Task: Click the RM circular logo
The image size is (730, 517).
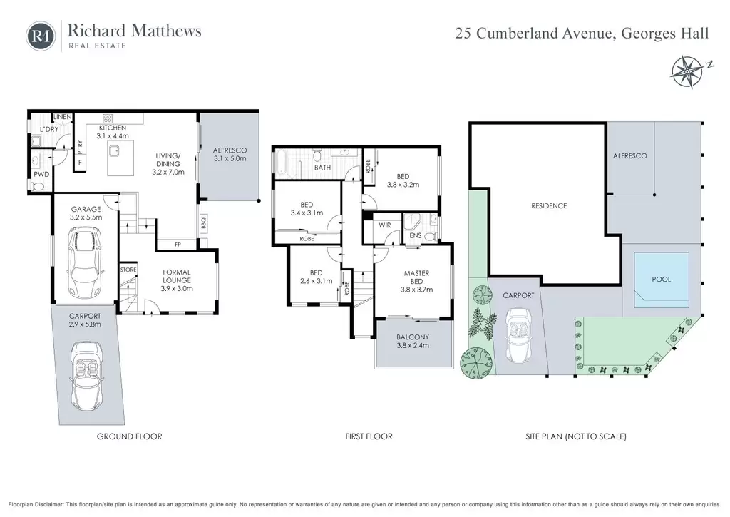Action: [x=41, y=36]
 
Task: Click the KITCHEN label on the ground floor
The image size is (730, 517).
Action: [x=112, y=128]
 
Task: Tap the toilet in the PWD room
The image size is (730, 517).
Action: [x=38, y=186]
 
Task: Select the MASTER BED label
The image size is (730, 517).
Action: [x=416, y=277]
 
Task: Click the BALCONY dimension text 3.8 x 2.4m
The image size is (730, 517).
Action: [x=413, y=345]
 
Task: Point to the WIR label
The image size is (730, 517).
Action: [x=384, y=225]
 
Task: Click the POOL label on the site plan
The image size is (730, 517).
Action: [x=661, y=279]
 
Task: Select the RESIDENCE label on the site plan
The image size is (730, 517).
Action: [x=549, y=205]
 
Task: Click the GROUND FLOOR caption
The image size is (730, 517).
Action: [x=130, y=436]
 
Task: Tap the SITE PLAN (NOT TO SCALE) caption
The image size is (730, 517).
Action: [x=576, y=436]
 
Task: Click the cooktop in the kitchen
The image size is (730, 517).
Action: [x=108, y=118]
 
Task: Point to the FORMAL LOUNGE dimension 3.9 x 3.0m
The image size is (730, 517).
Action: [x=177, y=288]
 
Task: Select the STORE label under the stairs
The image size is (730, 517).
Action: [x=128, y=270]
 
